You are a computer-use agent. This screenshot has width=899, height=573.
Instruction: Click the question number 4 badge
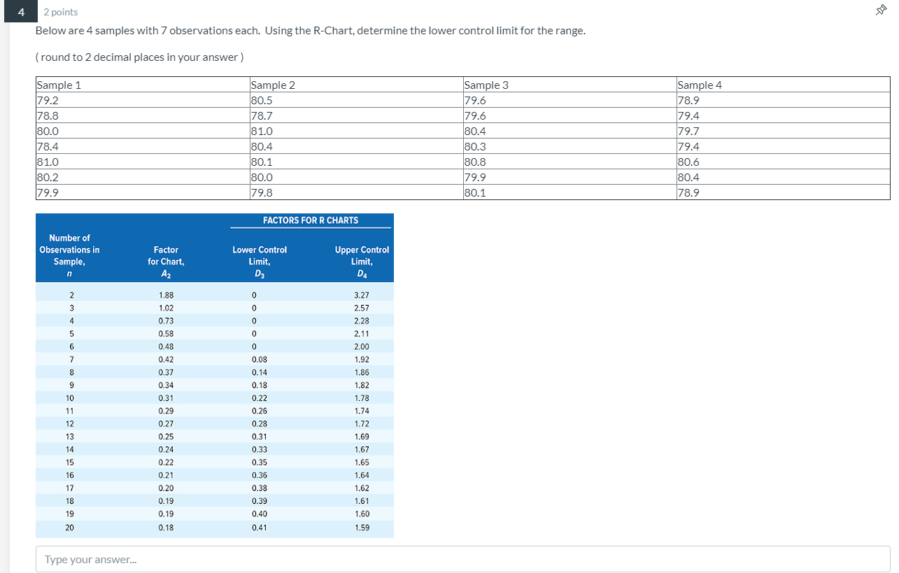pos(22,12)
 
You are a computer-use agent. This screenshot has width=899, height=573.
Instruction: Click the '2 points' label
pos(61,12)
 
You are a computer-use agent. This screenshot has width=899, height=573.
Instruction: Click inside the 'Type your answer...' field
pos(462,559)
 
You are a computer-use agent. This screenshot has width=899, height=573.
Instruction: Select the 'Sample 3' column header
pos(486,85)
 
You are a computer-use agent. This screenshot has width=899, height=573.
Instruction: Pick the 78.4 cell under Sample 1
pos(48,146)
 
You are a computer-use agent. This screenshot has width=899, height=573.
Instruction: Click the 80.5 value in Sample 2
pos(262,100)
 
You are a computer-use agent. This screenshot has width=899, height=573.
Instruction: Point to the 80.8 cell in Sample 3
pos(476,162)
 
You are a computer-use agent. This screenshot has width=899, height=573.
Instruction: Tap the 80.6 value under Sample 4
pos(689,162)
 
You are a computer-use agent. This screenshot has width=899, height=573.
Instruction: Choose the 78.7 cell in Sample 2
pos(262,115)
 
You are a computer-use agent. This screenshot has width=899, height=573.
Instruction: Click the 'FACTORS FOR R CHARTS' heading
pos(311,220)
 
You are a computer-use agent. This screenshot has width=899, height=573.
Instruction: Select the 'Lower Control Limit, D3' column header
pos(260,261)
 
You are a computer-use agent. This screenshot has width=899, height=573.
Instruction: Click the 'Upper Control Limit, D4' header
pos(362,261)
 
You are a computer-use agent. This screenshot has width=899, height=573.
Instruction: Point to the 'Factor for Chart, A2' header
pos(166,261)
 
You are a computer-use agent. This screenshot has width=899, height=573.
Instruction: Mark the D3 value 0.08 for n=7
pos(260,360)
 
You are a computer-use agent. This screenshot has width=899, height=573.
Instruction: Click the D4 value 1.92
pos(362,360)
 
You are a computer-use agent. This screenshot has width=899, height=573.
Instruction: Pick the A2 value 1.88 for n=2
pos(166,295)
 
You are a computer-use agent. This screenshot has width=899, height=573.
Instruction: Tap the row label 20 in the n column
pos(69,528)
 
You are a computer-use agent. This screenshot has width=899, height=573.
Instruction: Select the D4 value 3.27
pos(362,295)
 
